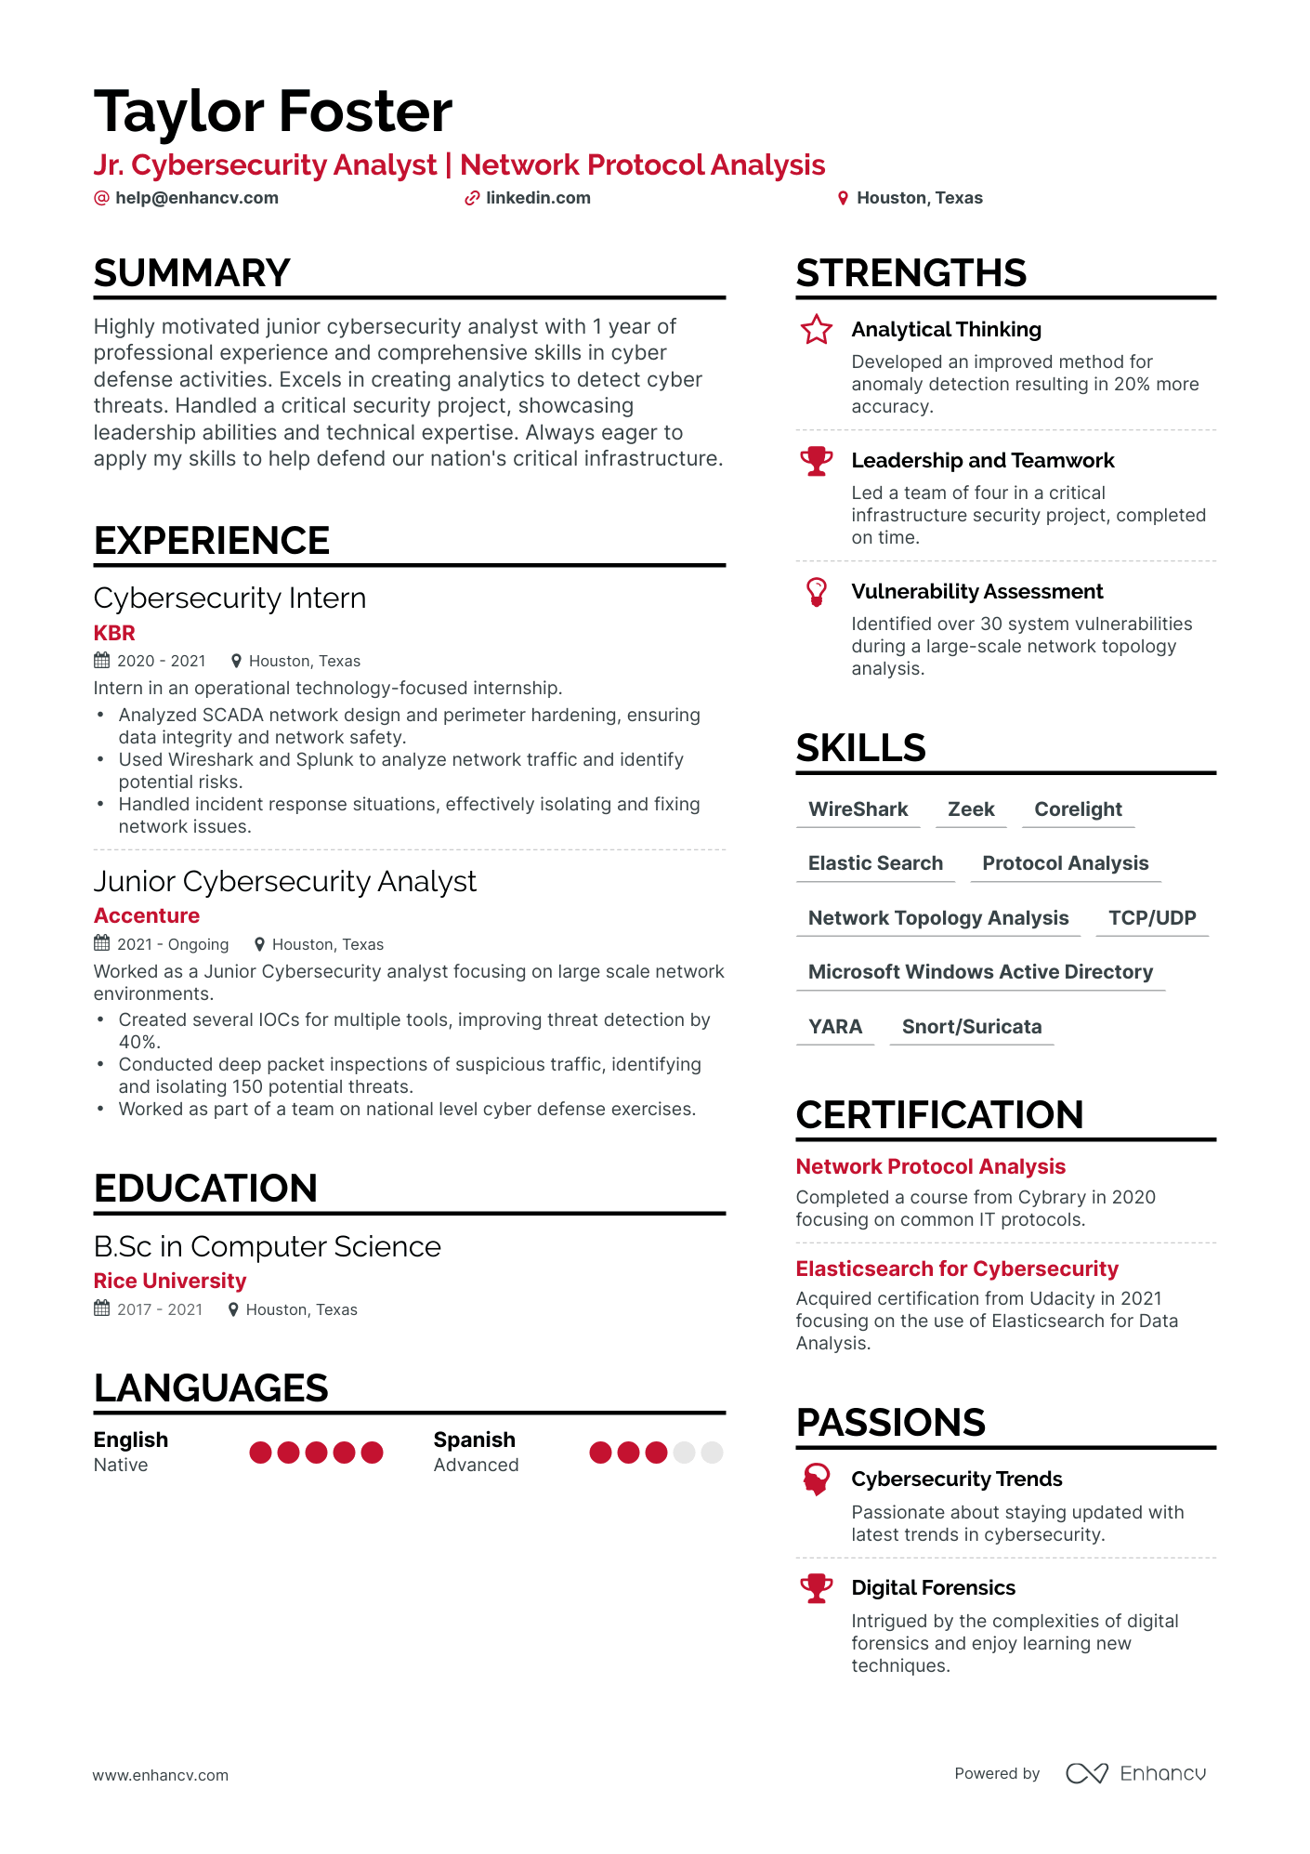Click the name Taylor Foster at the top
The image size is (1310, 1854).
(272, 112)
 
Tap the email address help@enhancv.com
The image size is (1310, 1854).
(196, 198)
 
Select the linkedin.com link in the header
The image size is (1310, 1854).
(537, 198)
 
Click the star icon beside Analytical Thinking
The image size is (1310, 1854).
(816, 329)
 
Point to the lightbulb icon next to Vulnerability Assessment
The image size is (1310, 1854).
(816, 591)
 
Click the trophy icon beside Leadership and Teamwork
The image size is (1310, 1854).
(816, 461)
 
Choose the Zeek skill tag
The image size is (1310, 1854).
(971, 809)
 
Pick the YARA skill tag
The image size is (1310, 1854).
(835, 1027)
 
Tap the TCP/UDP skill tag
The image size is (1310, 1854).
(1152, 918)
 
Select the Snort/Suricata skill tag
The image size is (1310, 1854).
(971, 1027)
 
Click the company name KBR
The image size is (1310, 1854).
(114, 633)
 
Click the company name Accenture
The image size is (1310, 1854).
(147, 916)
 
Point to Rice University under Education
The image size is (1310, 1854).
(170, 1282)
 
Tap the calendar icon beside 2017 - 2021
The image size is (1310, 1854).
(102, 1308)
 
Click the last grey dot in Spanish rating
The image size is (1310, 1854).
(712, 1453)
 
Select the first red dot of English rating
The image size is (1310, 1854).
(261, 1453)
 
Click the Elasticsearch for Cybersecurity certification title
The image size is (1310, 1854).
(957, 1269)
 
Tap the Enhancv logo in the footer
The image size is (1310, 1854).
(1135, 1773)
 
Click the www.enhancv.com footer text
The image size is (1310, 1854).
(161, 1775)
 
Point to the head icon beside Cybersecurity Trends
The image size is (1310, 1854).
(816, 1479)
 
